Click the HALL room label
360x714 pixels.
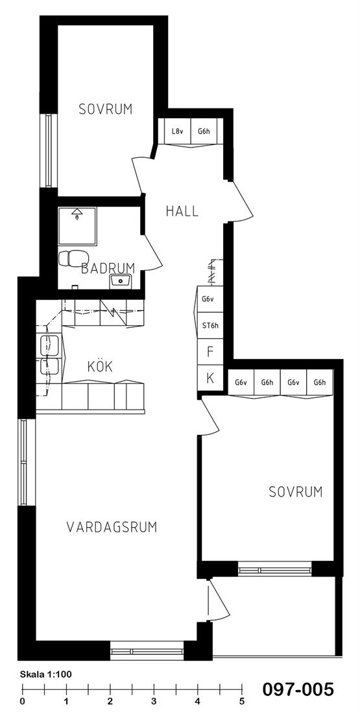[182, 212]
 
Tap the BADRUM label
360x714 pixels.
[108, 268]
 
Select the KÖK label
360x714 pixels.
[100, 367]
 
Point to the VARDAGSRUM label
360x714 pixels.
[112, 527]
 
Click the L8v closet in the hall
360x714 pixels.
[178, 132]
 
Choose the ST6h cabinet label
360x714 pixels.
[210, 325]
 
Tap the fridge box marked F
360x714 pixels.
[210, 352]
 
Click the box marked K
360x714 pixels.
[210, 378]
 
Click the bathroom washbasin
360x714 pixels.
[121, 281]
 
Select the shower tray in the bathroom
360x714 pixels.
[77, 226]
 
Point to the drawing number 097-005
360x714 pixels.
[298, 689]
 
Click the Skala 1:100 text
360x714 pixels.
[46, 674]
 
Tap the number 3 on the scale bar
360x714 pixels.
[154, 701]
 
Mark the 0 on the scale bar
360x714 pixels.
[22, 701]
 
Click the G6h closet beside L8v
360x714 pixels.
[204, 132]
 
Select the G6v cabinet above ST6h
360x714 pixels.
[210, 299]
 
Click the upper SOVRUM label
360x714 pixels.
[106, 109]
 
